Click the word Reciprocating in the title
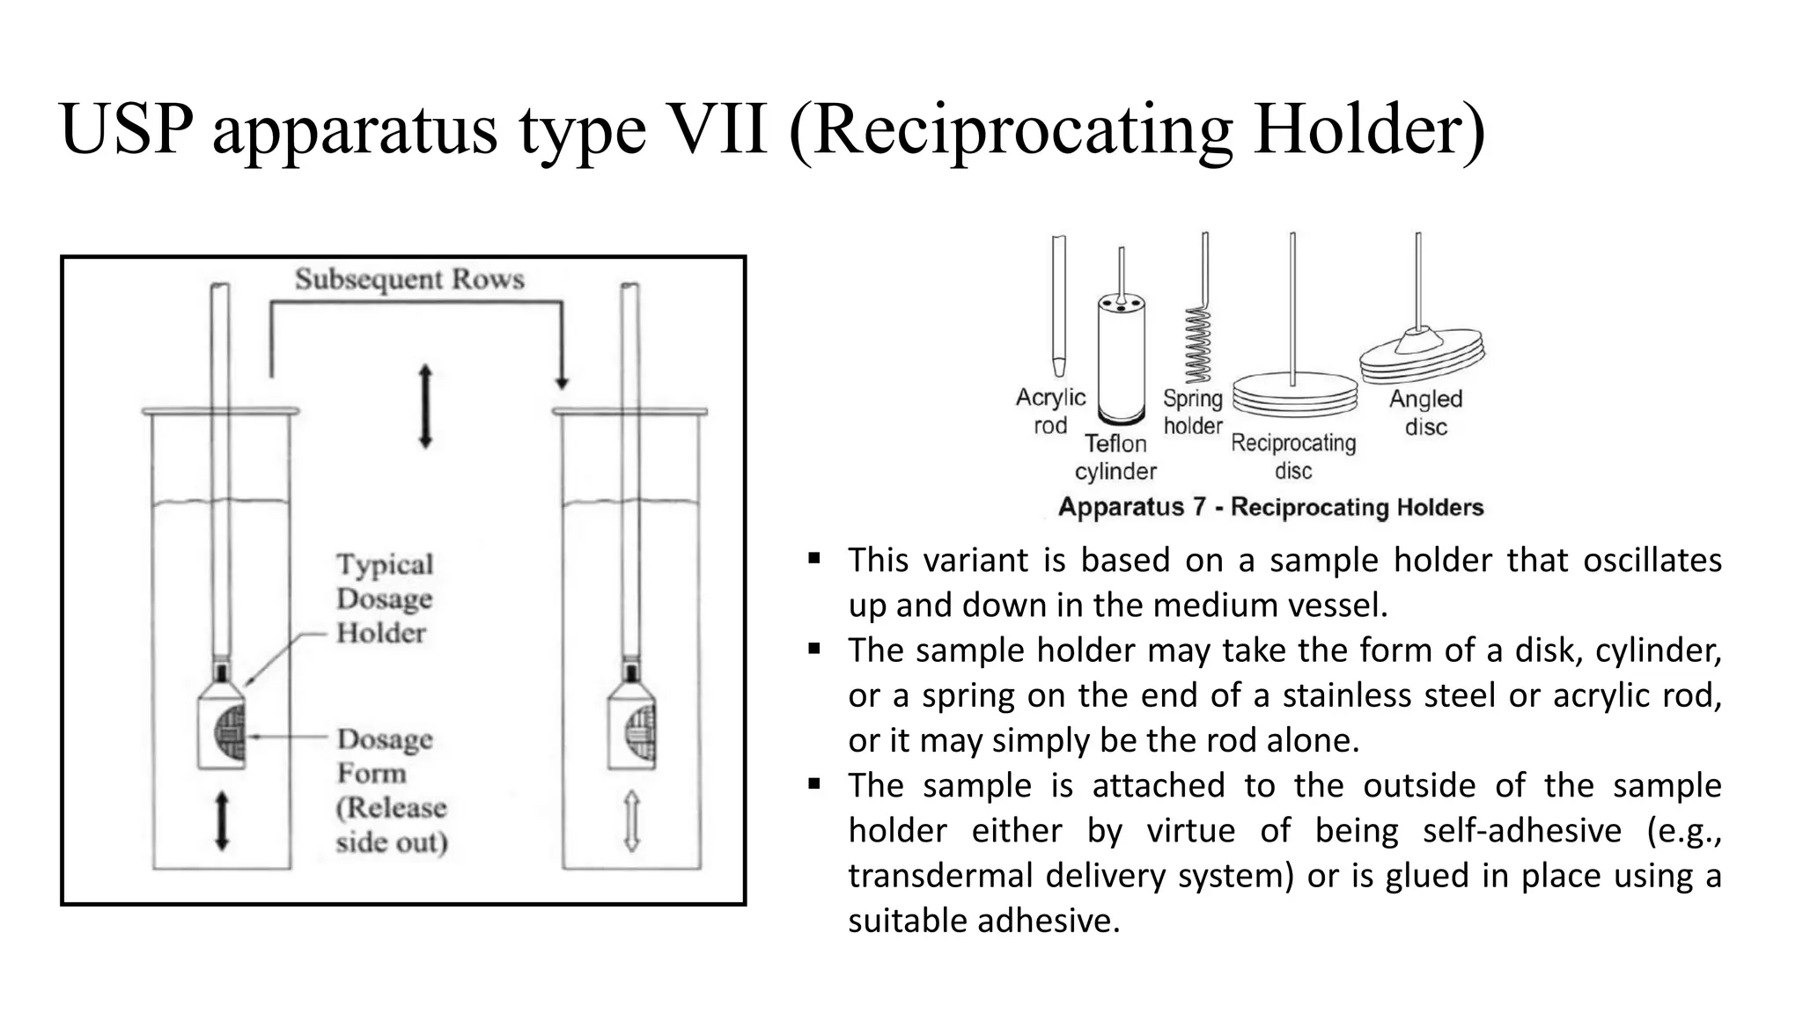pyautogui.click(x=1021, y=130)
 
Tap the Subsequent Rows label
pyautogui.click(x=409, y=279)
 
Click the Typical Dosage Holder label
pyautogui.click(x=385, y=599)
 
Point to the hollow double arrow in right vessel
pyautogui.click(x=631, y=820)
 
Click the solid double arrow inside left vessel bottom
pyautogui.click(x=222, y=820)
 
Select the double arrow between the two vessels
pyautogui.click(x=425, y=407)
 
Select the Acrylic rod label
pyautogui.click(x=1050, y=411)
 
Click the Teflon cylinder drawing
pyautogui.click(x=1121, y=361)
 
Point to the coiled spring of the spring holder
pyautogui.click(x=1197, y=343)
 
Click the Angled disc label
pyautogui.click(x=1425, y=413)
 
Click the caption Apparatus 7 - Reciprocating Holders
pyautogui.click(x=1270, y=507)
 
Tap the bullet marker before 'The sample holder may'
pyautogui.click(x=814, y=650)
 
